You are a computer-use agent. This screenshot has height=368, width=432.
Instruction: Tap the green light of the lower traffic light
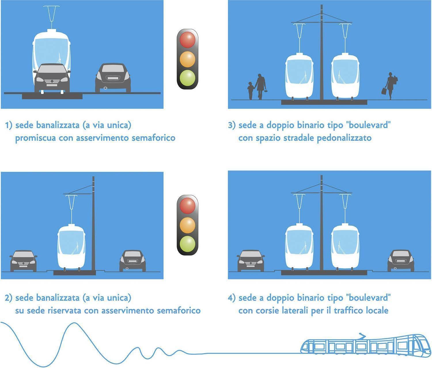[x=187, y=244]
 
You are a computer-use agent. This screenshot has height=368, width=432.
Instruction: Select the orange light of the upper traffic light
[x=187, y=59]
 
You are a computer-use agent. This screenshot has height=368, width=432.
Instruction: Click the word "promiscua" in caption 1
[x=35, y=138]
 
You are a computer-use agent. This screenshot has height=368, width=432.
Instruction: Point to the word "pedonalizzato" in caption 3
[x=344, y=138]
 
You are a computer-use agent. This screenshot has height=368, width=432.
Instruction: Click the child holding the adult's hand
[x=250, y=90]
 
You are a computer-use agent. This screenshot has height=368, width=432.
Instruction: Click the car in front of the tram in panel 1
[x=52, y=78]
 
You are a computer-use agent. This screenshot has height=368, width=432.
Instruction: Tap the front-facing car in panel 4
[x=251, y=261]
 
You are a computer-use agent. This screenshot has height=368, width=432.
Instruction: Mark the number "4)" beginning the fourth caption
[x=232, y=298]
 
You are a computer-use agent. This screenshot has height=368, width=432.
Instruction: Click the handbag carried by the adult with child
[x=266, y=91]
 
